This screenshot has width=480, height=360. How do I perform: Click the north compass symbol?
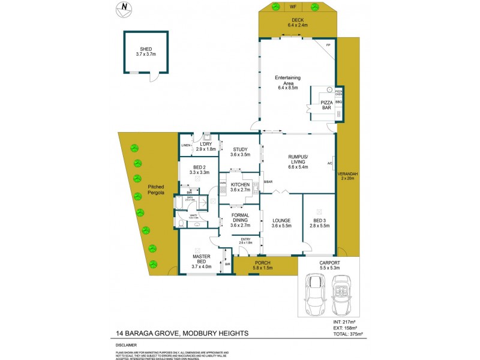click(x=124, y=8)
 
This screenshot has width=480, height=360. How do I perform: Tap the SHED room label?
click(x=146, y=52)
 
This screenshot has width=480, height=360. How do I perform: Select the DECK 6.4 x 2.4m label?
click(x=298, y=23)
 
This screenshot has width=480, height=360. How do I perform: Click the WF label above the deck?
click(x=293, y=7)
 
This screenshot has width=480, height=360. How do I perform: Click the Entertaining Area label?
click(x=288, y=82)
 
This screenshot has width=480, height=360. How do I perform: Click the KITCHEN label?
click(x=239, y=186)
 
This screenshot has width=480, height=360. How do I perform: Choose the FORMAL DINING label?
click(x=239, y=220)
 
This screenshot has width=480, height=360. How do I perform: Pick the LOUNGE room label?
click(x=281, y=223)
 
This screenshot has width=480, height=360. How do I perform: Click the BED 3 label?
click(x=319, y=223)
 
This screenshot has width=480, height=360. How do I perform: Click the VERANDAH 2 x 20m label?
click(x=349, y=176)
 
